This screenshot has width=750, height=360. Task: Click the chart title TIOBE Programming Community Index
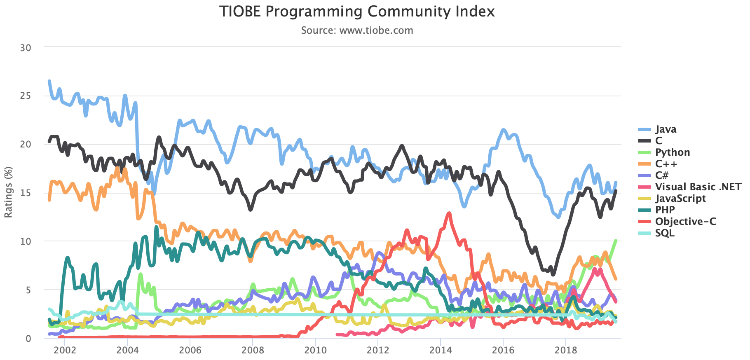356,12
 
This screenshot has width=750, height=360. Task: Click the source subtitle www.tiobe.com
357,30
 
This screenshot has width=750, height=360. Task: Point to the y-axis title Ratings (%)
8,192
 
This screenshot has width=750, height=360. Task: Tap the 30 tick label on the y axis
26,48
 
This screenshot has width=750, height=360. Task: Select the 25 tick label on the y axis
26,96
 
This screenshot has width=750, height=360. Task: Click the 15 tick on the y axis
26,193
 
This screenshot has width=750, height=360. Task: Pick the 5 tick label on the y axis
28,290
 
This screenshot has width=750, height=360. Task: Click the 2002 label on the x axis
65,351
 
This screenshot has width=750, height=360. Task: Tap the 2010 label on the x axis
315,351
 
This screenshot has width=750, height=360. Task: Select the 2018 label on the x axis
566,351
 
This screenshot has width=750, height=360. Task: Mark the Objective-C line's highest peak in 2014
449,213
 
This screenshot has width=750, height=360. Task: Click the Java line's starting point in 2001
49,81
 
